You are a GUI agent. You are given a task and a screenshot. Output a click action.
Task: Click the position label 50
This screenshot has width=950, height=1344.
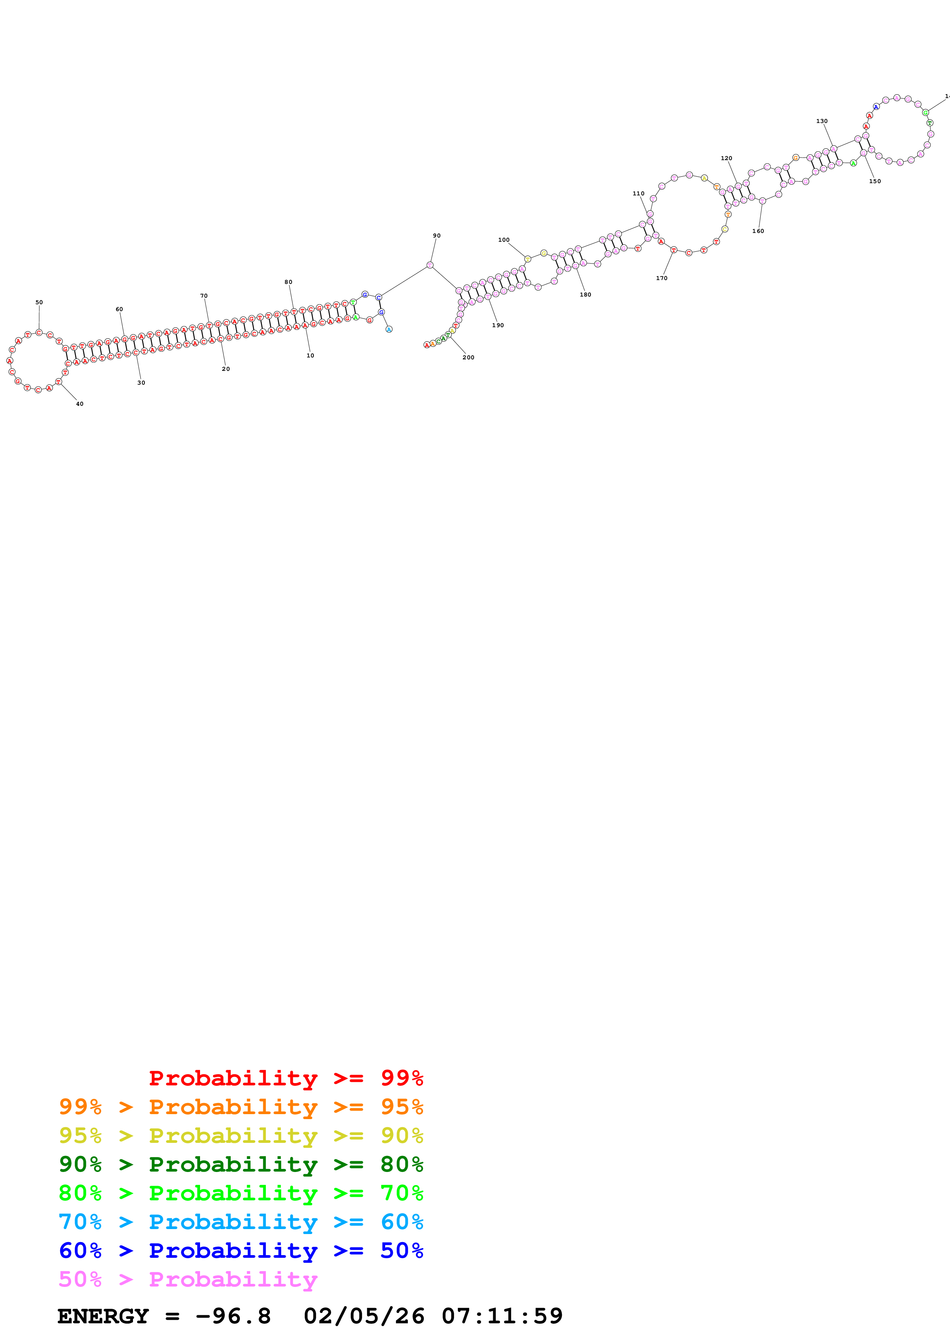coord(39,303)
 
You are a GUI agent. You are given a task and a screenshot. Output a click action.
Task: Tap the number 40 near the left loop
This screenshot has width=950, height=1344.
coord(80,404)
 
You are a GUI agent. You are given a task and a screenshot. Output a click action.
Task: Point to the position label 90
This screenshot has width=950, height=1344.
coord(436,236)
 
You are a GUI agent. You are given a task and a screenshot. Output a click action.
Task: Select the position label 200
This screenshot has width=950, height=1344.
coord(468,357)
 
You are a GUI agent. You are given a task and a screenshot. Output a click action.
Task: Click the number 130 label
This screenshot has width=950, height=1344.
coord(822,121)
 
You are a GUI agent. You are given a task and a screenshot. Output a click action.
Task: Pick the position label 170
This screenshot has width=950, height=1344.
coord(661,278)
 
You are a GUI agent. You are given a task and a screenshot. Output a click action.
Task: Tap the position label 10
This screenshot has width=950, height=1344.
coord(310,355)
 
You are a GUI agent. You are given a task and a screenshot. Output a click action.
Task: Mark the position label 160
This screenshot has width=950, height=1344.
coord(758,231)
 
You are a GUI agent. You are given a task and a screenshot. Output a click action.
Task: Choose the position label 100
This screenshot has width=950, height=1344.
coord(504,239)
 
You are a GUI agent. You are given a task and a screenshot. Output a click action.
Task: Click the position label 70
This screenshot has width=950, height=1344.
coord(204,296)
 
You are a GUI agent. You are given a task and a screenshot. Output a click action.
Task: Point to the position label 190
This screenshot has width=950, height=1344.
coord(497,325)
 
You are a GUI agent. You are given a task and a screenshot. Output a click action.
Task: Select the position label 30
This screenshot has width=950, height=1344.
coord(141,383)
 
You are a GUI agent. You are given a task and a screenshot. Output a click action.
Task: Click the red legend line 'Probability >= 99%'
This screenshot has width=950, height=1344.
coord(285,1078)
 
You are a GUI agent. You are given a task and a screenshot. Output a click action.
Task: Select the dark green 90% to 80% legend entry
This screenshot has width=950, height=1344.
coord(241,1164)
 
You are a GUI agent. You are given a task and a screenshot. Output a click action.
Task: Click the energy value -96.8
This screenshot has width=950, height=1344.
coord(233,1316)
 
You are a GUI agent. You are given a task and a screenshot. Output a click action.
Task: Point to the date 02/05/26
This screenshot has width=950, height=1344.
coord(364,1316)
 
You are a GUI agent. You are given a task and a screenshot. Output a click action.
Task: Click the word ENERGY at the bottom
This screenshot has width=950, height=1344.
coord(103,1316)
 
